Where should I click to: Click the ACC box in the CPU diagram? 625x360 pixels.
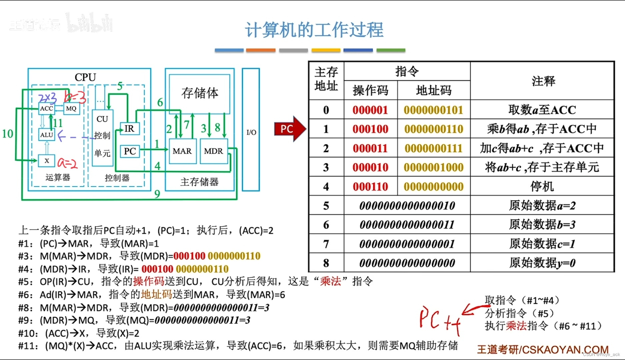[x=47, y=108]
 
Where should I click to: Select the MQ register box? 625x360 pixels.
[x=71, y=108]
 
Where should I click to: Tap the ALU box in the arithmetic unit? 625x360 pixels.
[x=47, y=135]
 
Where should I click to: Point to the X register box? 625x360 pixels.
[x=47, y=161]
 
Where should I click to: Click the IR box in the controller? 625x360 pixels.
[x=129, y=129]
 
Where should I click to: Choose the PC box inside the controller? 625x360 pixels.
[x=130, y=151]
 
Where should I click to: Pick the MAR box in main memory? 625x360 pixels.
[x=182, y=151]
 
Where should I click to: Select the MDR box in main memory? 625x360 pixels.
[x=214, y=151]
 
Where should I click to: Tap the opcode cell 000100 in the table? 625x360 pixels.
[x=371, y=129]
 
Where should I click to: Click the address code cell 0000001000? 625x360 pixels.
[x=434, y=167]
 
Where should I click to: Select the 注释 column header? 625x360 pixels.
[x=543, y=81]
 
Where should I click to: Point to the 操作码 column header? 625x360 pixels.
[x=371, y=90]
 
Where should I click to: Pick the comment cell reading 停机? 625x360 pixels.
[x=542, y=186]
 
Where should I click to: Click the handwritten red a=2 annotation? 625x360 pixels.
[x=67, y=163]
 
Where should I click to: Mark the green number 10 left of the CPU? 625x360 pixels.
[x=7, y=134]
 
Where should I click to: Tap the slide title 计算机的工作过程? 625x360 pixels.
[x=314, y=30]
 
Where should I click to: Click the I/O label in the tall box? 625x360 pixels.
[x=251, y=132]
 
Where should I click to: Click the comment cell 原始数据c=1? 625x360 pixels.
[x=542, y=244]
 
